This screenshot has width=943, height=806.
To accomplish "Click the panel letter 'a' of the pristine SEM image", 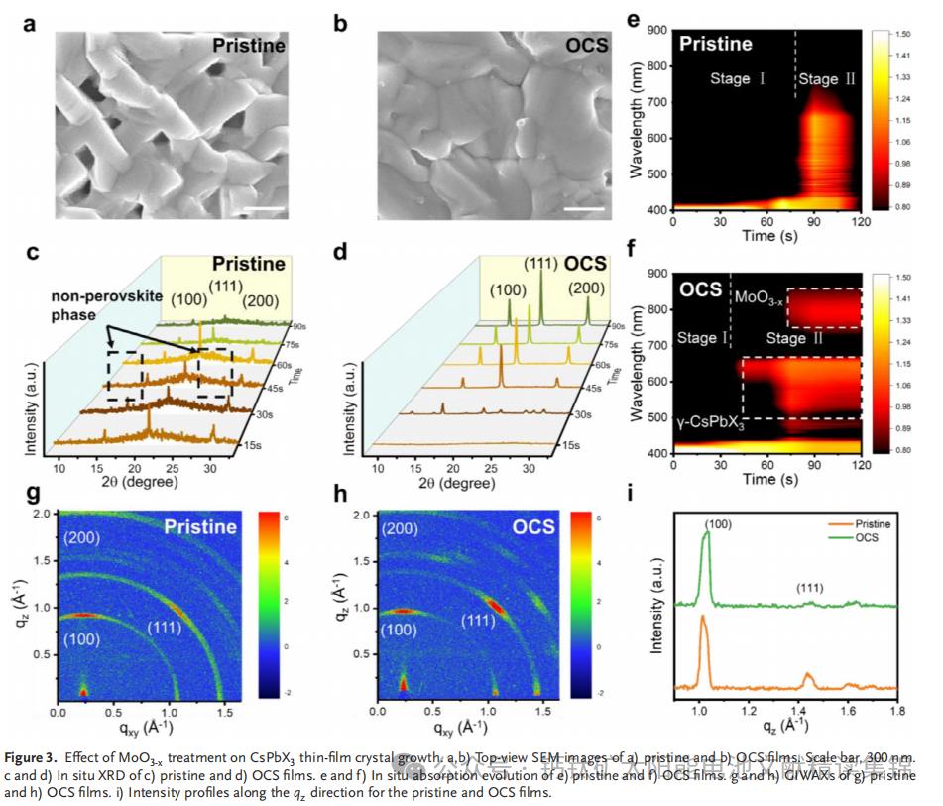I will click(30, 22).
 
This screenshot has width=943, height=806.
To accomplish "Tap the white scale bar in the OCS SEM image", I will click(586, 209).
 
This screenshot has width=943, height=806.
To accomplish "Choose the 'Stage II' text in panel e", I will click(827, 78).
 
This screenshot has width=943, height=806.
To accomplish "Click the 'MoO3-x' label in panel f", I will click(759, 296).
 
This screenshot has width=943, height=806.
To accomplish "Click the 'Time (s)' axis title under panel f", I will click(766, 479).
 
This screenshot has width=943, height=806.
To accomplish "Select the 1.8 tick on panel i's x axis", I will click(895, 712).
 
